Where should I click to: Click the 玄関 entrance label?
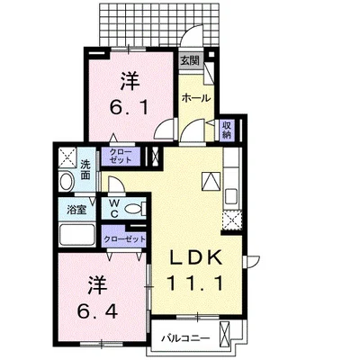(x=190, y=61)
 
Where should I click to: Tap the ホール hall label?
(x=196, y=98)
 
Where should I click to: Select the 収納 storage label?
(x=227, y=130)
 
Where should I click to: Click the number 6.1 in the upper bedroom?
(x=130, y=108)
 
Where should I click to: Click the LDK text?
(x=196, y=257)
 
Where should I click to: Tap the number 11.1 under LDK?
(x=195, y=283)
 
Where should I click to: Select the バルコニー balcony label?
(x=185, y=338)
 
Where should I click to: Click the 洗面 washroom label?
(x=85, y=170)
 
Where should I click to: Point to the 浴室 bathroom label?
(x=76, y=210)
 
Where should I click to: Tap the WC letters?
(x=113, y=209)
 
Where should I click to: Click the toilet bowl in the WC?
(x=133, y=208)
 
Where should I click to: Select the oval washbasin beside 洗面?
(x=67, y=182)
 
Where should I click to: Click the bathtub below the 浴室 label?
(x=77, y=234)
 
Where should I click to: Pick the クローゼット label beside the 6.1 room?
(x=121, y=156)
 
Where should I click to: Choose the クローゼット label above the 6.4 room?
(x=124, y=239)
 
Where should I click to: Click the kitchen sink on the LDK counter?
(x=231, y=196)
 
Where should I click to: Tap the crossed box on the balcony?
(x=224, y=333)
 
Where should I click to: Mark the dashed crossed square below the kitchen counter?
(x=232, y=220)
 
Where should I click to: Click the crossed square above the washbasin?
(x=67, y=157)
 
